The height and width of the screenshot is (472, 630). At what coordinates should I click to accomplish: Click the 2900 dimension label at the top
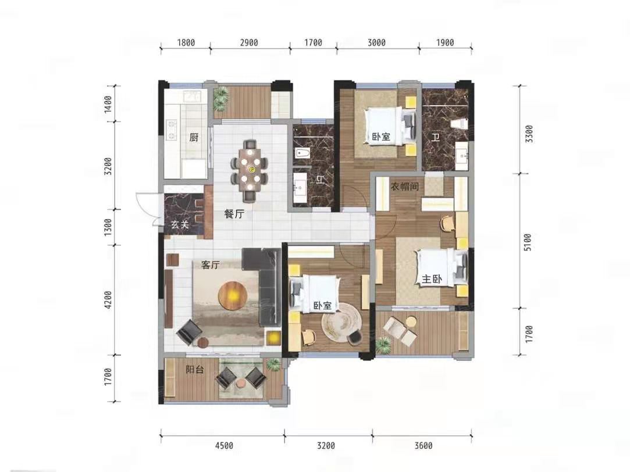[249, 42]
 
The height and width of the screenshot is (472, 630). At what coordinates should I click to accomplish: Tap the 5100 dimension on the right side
[528, 242]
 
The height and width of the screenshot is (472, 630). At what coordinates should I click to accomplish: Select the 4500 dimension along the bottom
[224, 445]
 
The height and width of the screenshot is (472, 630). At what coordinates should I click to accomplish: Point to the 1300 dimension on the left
[108, 227]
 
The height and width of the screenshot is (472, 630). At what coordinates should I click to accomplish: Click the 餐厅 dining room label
[234, 214]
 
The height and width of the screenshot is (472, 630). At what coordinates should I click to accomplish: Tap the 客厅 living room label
[211, 265]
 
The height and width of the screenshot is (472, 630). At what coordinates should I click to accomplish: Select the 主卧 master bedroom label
[432, 279]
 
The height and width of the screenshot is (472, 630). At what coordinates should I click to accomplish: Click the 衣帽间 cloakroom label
[405, 186]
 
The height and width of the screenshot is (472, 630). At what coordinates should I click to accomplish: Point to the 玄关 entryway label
[180, 224]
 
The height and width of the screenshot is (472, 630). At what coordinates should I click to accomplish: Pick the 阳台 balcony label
[195, 369]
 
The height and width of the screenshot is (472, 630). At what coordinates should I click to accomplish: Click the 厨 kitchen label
[194, 138]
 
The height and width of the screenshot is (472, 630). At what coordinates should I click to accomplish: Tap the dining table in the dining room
[250, 170]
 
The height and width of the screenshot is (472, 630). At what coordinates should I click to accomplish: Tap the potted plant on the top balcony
[220, 98]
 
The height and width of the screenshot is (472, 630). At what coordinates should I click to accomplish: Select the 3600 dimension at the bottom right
[423, 445]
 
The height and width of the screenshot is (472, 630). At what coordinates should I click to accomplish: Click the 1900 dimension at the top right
[445, 42]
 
